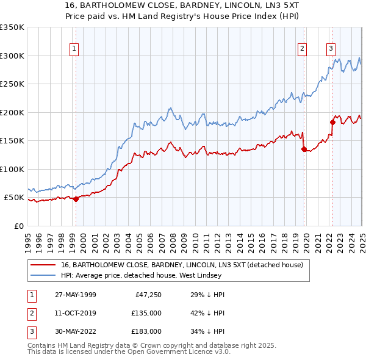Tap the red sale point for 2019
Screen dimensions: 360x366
(304, 148)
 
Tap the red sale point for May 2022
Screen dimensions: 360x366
(333, 121)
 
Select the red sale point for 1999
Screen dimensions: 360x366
(76, 198)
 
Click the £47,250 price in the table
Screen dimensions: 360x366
(147, 295)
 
